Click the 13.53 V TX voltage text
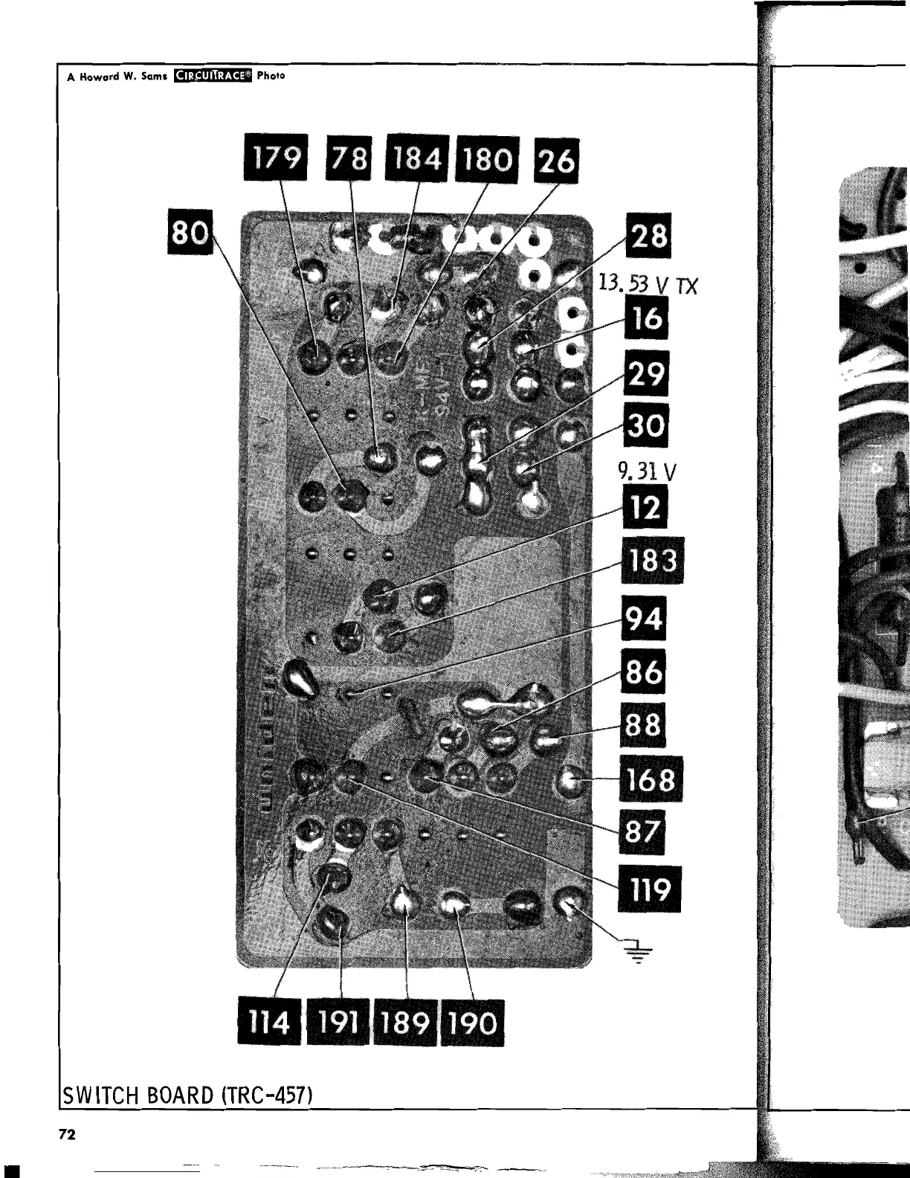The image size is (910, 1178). tap(647, 283)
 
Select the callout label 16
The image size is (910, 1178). tap(648, 319)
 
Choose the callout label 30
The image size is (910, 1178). tap(647, 425)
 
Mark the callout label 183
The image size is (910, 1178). tap(651, 561)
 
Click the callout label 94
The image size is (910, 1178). tap(645, 619)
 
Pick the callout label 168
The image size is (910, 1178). tap(651, 779)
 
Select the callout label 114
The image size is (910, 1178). tap(269, 1023)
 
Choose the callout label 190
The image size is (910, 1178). tap(473, 1023)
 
